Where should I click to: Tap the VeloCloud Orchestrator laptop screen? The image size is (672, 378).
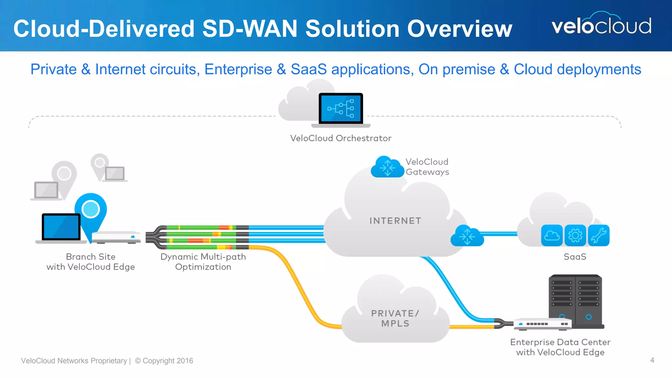coord(341,108)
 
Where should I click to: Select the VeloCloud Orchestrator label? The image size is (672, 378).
coord(341,138)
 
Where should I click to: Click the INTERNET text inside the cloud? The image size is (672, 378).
coord(395,221)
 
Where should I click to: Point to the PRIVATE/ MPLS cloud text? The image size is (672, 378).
coord(395,318)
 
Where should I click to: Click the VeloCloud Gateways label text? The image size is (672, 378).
coord(427,167)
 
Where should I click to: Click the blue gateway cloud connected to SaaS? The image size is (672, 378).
coord(467,236)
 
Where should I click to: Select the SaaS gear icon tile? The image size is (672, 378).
coord(575,235)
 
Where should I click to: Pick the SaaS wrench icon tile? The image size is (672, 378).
coord(598,235)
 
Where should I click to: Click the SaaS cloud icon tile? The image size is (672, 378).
coord(552,235)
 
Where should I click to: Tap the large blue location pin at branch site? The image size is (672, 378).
coord(91,210)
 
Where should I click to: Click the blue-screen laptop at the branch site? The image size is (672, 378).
coord(61,227)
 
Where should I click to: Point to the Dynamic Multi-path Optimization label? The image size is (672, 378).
coord(203,262)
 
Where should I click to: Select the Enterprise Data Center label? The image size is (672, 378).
coord(560,347)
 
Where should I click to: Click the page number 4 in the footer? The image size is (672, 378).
coord(652,360)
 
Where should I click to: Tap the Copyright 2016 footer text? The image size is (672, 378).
coord(164,361)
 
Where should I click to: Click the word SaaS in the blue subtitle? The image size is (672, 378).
coord(308,69)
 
